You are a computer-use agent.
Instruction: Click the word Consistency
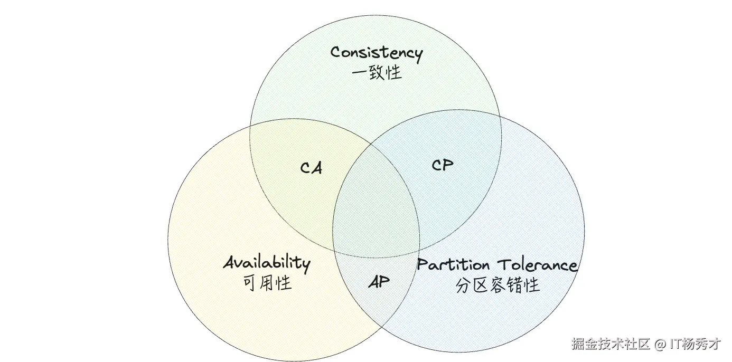tap(377, 53)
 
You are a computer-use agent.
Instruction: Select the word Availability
tap(266, 263)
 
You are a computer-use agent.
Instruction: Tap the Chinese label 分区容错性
tap(498, 285)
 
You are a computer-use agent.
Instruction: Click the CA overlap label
tap(311, 168)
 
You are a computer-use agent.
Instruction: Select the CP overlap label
tap(442, 165)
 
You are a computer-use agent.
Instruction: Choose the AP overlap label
tap(379, 282)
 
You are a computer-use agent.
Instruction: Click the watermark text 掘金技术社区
tap(610, 345)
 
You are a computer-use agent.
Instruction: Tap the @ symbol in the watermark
tap(660, 345)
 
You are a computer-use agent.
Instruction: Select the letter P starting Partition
tap(422, 264)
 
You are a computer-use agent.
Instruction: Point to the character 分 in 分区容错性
tap(463, 285)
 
